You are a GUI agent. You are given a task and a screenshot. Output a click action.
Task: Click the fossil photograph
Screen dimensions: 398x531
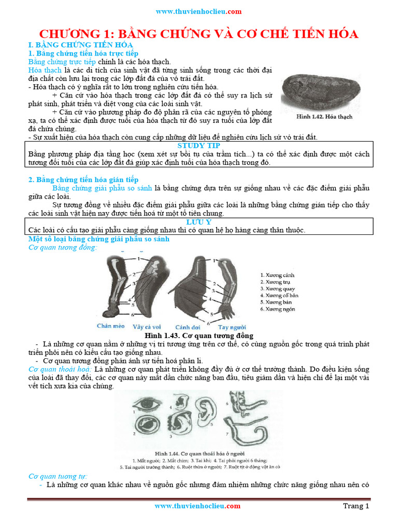(320, 92)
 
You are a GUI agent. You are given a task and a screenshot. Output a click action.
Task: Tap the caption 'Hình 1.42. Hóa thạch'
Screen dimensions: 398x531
(324, 117)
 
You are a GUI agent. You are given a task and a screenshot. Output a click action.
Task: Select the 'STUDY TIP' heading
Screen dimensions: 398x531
(198, 146)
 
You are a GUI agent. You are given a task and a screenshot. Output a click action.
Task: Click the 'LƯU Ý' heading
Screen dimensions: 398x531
(198, 222)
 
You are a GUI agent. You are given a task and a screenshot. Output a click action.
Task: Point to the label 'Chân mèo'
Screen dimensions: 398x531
(111, 326)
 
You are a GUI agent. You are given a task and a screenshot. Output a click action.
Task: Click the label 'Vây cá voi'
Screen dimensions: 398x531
(147, 327)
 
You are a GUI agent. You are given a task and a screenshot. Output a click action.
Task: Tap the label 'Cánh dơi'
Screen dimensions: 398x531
(188, 327)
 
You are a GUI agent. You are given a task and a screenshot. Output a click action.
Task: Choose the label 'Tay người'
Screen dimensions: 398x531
(232, 327)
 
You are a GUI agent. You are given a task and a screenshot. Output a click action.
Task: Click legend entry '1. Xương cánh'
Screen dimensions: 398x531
(277, 275)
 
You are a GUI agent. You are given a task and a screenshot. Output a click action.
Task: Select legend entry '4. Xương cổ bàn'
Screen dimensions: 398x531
(279, 295)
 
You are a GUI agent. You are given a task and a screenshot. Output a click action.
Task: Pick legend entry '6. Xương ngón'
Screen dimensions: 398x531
(278, 309)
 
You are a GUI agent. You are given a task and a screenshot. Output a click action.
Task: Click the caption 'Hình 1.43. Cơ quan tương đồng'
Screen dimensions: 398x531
(199, 336)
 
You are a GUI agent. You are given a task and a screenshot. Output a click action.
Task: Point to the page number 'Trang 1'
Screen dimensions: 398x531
(356, 506)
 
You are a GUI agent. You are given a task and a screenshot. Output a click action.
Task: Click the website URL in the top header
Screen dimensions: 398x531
(198, 11)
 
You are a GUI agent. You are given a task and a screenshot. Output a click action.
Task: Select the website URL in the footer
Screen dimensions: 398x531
(197, 506)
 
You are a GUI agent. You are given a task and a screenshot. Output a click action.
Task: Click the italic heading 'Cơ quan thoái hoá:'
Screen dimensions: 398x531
(60, 369)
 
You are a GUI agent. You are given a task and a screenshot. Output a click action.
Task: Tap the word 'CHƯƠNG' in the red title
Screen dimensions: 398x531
(70, 34)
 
